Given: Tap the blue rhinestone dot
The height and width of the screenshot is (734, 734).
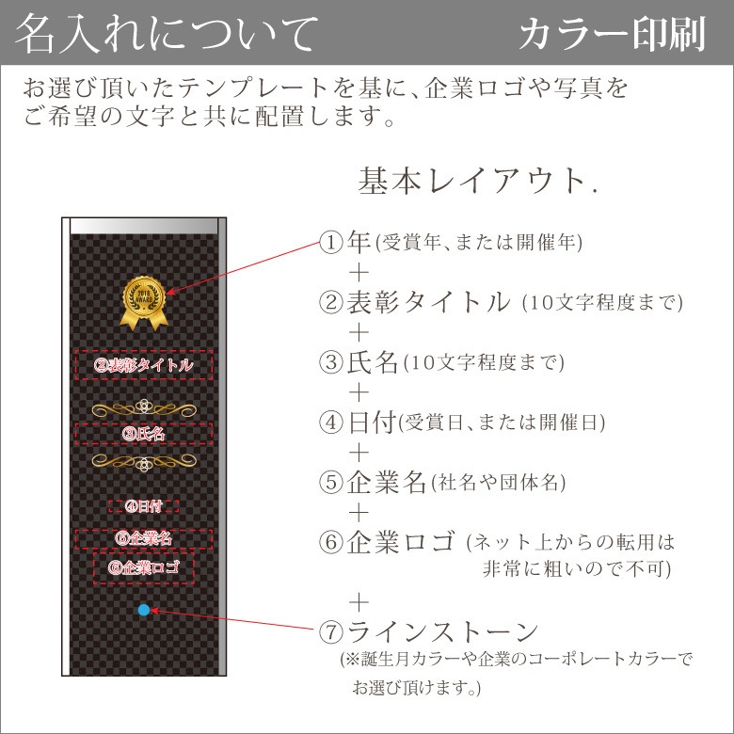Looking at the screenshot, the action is coord(144,610).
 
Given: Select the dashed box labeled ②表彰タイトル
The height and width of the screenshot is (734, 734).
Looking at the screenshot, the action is coord(144,365).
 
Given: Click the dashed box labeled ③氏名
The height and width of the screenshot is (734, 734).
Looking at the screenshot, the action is coord(144,434).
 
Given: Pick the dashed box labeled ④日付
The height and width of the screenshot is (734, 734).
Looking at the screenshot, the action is coord(144,506).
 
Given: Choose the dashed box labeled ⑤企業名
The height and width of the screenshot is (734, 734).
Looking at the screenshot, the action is coord(144,539).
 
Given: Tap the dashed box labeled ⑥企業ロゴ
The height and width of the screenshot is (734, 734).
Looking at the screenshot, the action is coord(144,568).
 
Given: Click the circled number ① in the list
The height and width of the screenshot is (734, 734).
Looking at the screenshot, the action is coord(331,243).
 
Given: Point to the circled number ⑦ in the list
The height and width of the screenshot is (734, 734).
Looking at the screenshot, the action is coord(331,632).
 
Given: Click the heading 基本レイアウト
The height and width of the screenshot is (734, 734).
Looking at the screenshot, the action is coord(472,181).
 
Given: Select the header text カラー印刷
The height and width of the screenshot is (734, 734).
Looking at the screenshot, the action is coord(613,34).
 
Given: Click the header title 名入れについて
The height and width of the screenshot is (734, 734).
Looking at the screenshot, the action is coord(168,33).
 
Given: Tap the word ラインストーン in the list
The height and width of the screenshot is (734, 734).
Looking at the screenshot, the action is coord(443,632).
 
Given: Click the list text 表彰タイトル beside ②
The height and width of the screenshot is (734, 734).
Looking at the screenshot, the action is coord(428,302).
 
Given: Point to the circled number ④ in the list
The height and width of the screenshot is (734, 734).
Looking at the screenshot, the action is coord(331,423).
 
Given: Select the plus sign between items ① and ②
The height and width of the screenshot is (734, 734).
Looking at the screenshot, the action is coord(359,273).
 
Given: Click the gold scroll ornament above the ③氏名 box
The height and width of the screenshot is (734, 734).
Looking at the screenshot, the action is coord(144,408).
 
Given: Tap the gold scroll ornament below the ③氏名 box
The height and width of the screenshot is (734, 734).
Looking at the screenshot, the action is coord(144,462).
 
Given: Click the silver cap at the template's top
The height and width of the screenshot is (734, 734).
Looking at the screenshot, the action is coord(144,226).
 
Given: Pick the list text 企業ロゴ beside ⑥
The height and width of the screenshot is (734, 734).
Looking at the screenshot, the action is coord(401,542).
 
